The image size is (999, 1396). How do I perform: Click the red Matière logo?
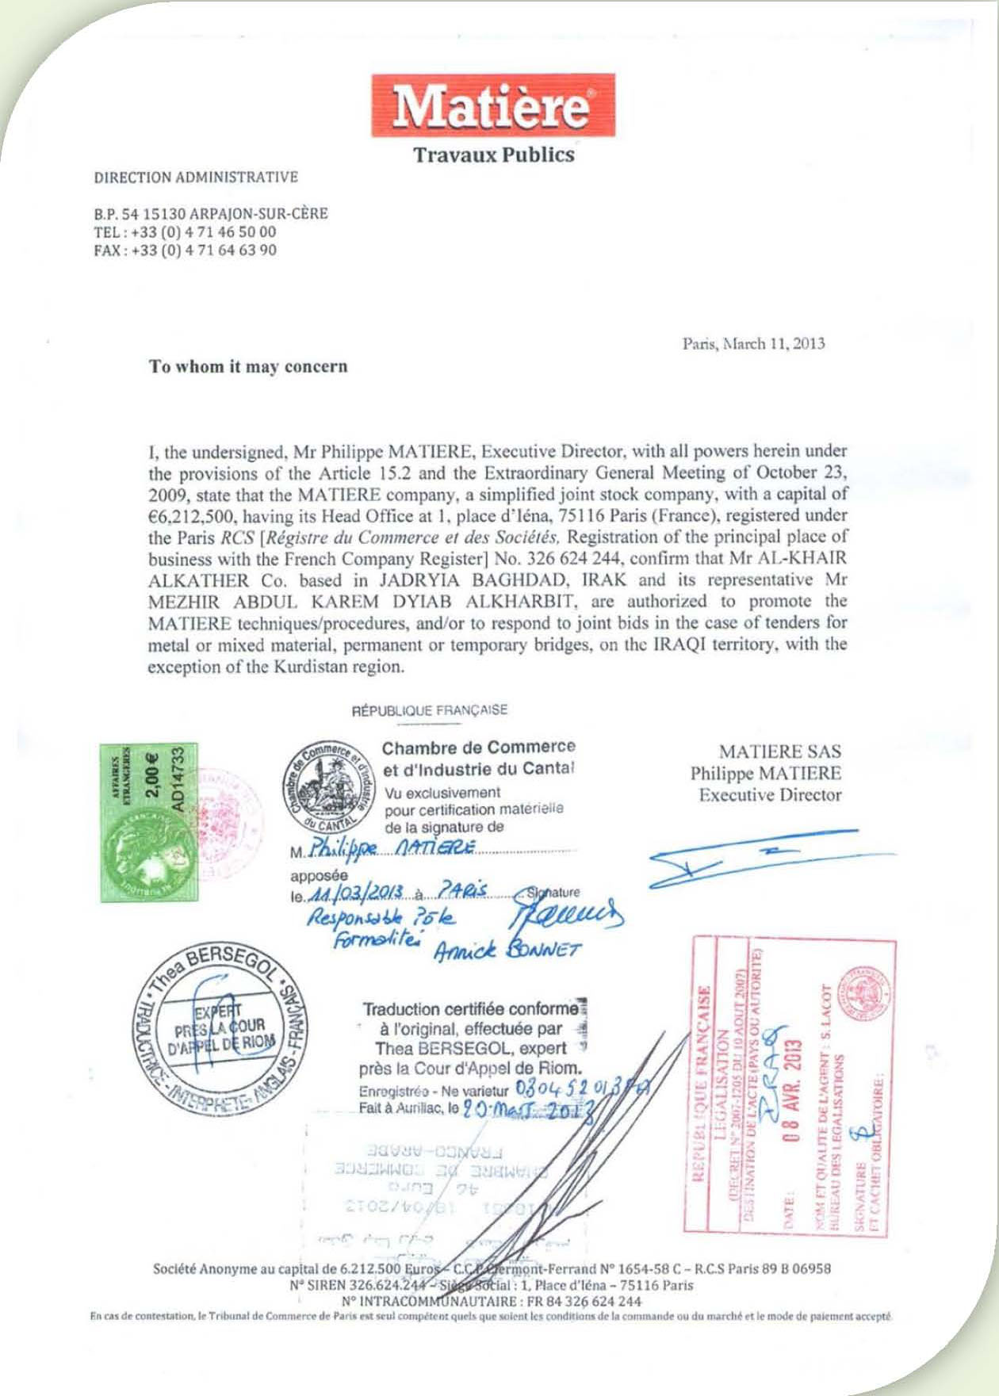click(492, 105)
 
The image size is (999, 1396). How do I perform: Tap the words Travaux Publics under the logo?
click(493, 155)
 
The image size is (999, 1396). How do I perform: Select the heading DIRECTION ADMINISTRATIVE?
click(196, 178)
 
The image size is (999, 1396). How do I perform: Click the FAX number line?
click(186, 251)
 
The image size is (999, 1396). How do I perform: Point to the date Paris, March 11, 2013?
click(753, 343)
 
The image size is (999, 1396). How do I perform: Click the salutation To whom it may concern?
click(248, 366)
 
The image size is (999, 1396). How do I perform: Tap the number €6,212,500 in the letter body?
click(189, 516)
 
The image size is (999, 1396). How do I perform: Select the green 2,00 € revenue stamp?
click(148, 822)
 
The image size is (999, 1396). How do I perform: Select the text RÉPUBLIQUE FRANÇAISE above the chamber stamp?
click(430, 710)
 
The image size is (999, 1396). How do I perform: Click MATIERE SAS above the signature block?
click(779, 751)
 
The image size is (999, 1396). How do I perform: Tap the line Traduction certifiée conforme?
click(471, 1009)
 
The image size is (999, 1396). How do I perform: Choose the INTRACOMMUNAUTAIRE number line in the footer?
click(492, 1301)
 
